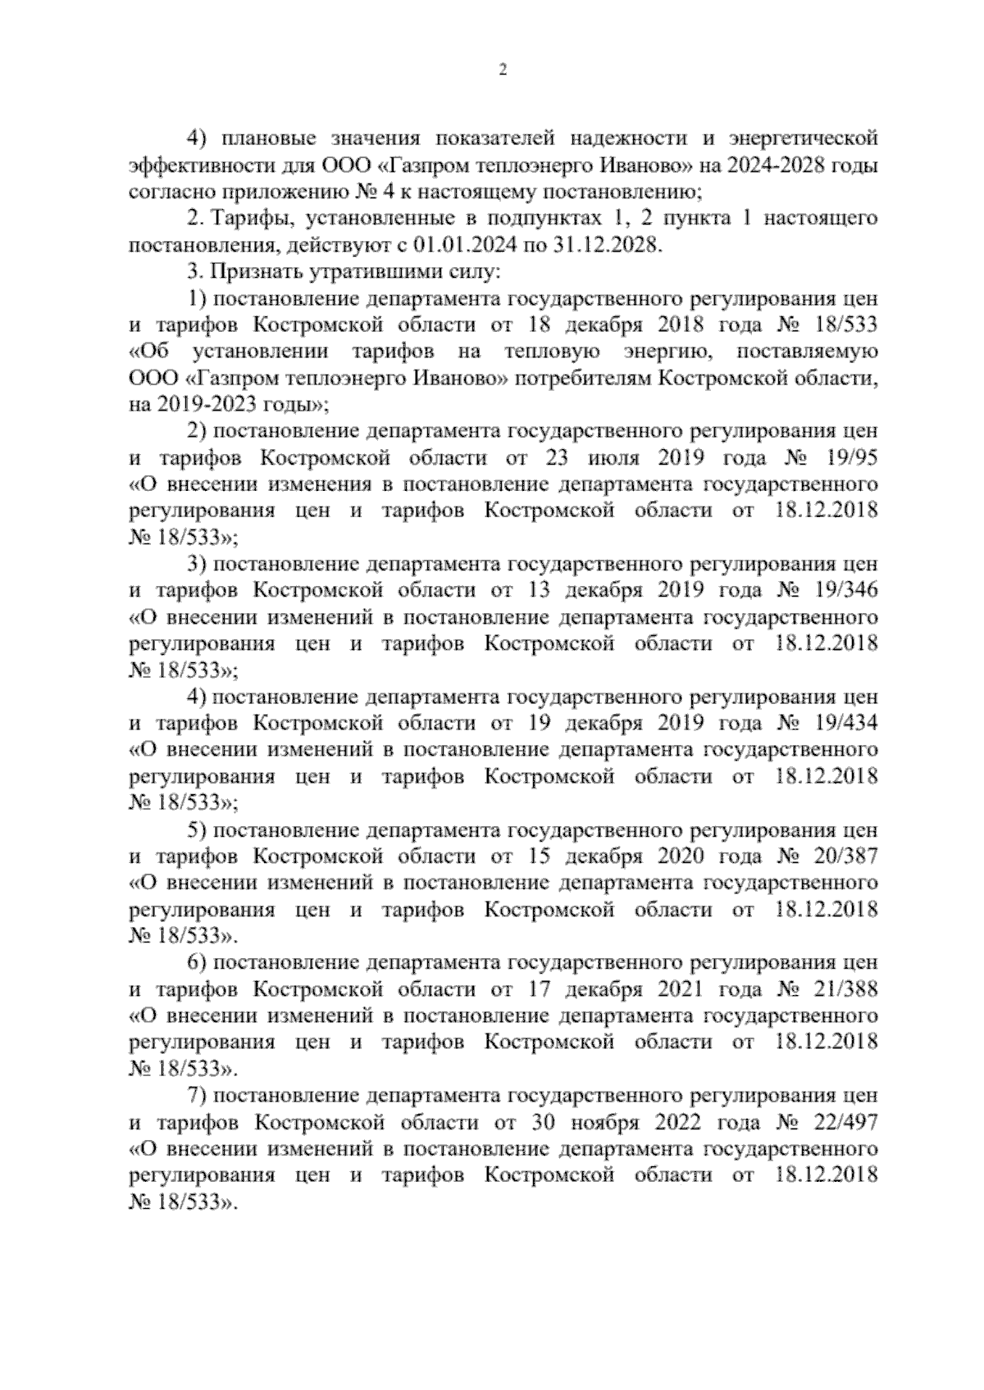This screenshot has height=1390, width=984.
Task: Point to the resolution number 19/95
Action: point(853,457)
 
